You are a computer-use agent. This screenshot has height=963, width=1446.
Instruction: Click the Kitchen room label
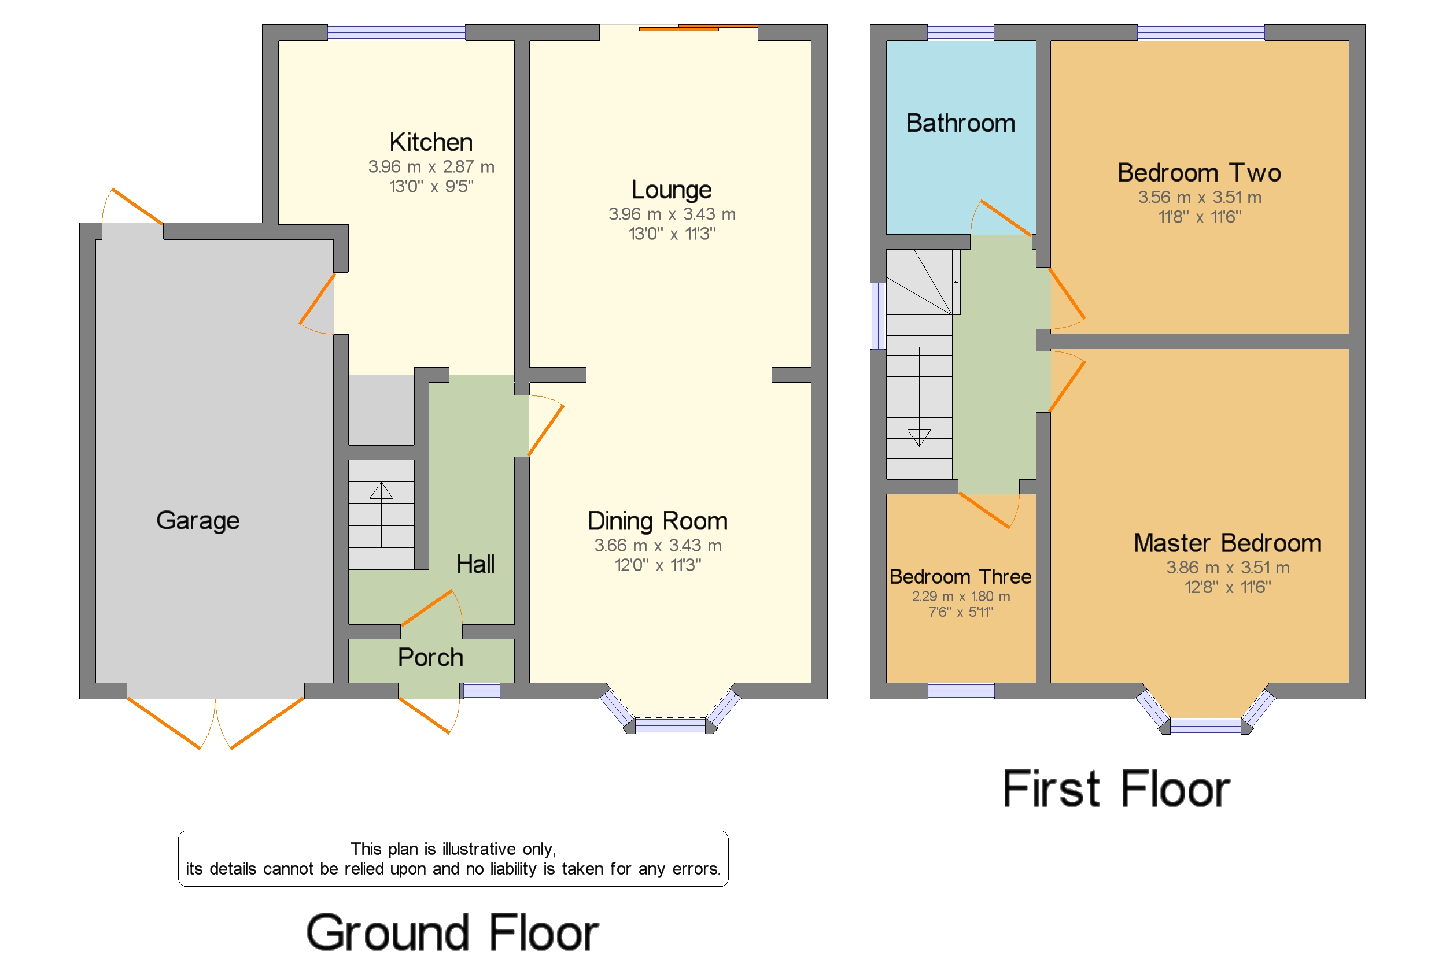point(431,142)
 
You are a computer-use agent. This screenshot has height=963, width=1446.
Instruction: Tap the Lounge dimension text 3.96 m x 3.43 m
point(671,214)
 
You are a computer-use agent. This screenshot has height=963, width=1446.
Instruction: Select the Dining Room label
point(657,521)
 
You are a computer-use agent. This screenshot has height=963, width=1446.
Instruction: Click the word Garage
point(197,520)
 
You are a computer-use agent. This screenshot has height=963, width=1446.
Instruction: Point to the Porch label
point(430,657)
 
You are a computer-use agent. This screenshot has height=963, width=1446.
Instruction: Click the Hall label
point(475,564)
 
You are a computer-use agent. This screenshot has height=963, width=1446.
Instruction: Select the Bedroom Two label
point(1198,173)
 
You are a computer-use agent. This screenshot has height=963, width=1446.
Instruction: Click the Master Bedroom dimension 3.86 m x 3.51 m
point(1227,567)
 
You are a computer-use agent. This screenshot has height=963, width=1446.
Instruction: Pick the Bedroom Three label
point(960,576)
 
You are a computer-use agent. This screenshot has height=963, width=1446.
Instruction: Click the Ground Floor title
point(452,932)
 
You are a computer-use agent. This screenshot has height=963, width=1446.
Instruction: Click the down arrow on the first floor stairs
point(918,436)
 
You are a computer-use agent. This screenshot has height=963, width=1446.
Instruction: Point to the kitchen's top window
point(396,32)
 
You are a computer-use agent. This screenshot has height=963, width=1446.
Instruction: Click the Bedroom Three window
point(961,690)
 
